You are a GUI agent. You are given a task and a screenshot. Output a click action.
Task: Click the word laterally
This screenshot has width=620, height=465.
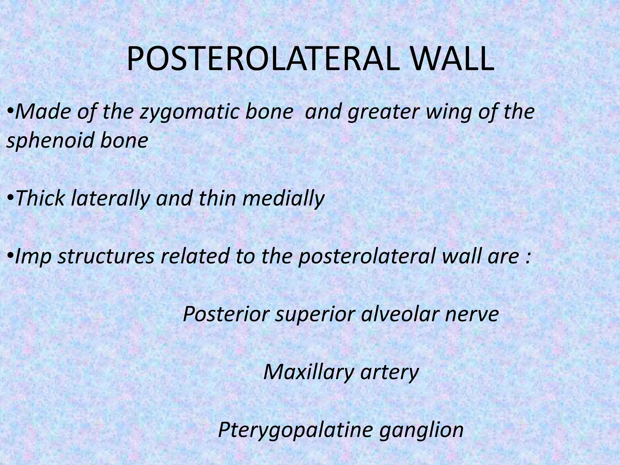coord(110,199)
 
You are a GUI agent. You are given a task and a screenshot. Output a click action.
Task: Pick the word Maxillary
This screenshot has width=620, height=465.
coord(308,372)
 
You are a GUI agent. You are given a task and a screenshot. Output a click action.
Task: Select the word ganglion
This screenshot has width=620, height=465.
coord(421,430)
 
